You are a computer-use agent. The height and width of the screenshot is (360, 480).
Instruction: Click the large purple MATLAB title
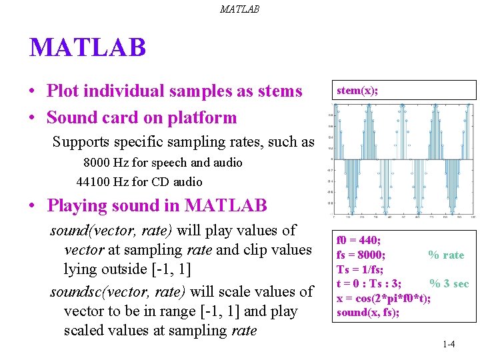[x=87, y=48]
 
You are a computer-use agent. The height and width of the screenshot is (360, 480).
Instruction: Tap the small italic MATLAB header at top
[x=239, y=9]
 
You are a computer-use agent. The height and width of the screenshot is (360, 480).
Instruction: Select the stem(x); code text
[x=357, y=90]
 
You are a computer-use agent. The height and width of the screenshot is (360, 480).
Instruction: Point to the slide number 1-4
[x=448, y=344]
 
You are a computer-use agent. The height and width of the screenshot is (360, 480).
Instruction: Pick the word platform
[x=204, y=118]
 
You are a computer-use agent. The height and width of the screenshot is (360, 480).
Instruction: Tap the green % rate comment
[x=445, y=255]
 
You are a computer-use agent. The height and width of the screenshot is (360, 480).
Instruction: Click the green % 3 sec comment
[x=449, y=283]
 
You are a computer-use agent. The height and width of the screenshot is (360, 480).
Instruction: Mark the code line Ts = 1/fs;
[x=360, y=269]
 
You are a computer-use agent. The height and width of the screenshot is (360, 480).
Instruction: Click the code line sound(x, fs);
[x=368, y=312]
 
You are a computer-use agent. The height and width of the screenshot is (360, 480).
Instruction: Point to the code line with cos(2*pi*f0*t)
[x=383, y=298]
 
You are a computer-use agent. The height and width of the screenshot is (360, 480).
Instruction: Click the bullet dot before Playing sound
[x=32, y=206]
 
